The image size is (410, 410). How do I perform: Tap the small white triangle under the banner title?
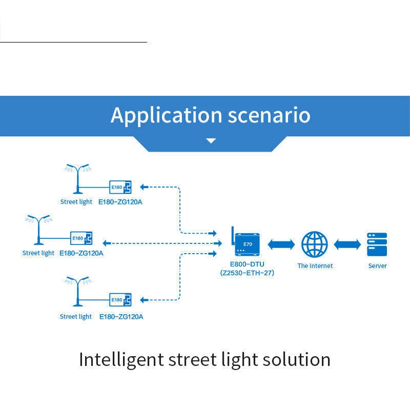pyautogui.click(x=211, y=140)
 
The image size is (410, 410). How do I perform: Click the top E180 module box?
pyautogui.click(x=120, y=187)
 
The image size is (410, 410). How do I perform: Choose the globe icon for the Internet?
pyautogui.click(x=314, y=244)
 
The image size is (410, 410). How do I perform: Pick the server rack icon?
pyautogui.click(x=377, y=244)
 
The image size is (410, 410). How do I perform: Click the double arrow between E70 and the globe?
pyautogui.click(x=281, y=244)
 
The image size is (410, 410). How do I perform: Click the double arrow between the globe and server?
pyautogui.click(x=347, y=244)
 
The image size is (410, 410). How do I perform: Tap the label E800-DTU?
pyautogui.click(x=247, y=264)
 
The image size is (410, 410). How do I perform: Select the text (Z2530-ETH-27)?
pyautogui.click(x=247, y=273)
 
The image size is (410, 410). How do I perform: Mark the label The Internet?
pyautogui.click(x=315, y=265)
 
